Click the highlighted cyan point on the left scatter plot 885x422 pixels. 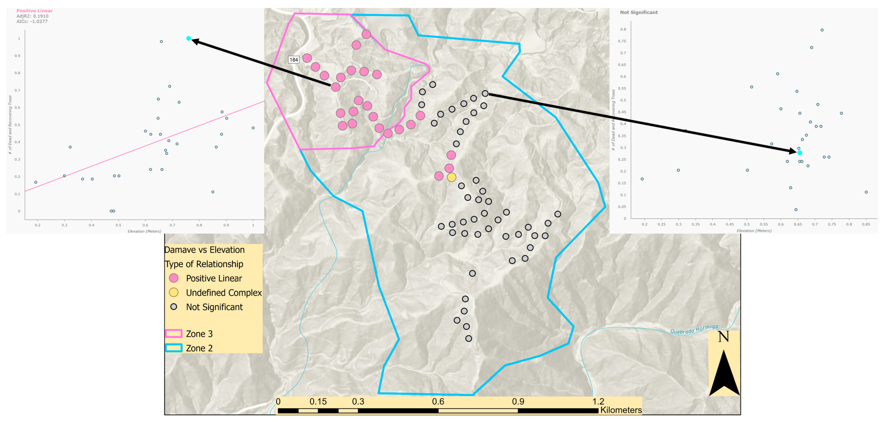click(189, 38)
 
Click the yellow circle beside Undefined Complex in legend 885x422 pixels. click(174, 293)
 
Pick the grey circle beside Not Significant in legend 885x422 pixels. click(174, 307)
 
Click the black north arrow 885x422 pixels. click(724, 374)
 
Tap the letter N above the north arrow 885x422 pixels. click(723, 337)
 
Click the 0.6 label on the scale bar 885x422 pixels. click(438, 401)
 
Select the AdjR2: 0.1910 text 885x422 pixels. click(33, 16)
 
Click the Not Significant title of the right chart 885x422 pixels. click(639, 12)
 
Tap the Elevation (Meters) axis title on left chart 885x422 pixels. click(144, 231)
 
